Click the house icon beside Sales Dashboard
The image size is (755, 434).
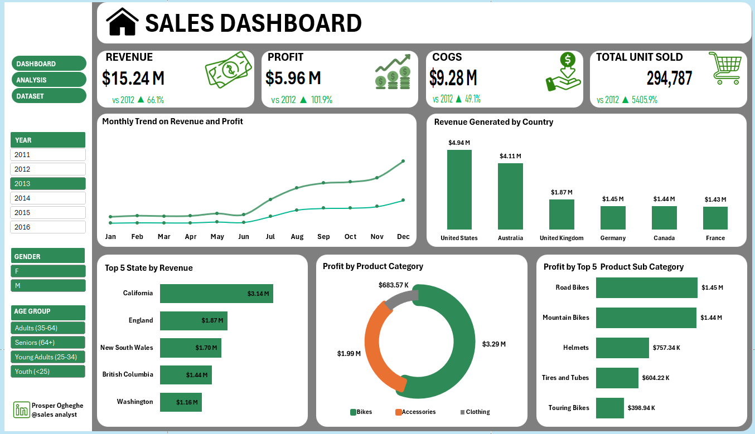click(x=122, y=22)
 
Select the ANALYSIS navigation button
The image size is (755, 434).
click(x=49, y=80)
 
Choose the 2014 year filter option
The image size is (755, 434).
click(x=47, y=198)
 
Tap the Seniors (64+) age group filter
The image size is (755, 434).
click(x=47, y=343)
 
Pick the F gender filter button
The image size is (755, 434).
click(x=47, y=271)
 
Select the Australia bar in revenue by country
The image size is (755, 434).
click(x=510, y=196)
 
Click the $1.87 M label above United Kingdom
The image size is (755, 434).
click(x=562, y=192)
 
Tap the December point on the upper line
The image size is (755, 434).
click(x=403, y=161)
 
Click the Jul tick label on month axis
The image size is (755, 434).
click(x=270, y=237)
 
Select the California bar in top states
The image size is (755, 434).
click(x=216, y=294)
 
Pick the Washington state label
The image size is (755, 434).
click(x=134, y=402)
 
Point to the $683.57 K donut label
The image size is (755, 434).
click(x=393, y=285)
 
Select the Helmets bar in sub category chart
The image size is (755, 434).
click(x=622, y=348)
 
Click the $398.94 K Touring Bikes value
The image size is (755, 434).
click(x=641, y=408)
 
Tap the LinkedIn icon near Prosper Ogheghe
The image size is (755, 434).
click(x=22, y=410)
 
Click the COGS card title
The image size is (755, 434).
click(x=447, y=57)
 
